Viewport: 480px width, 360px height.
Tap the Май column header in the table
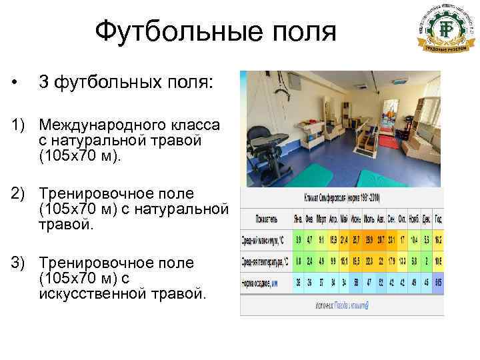point(343,218)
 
